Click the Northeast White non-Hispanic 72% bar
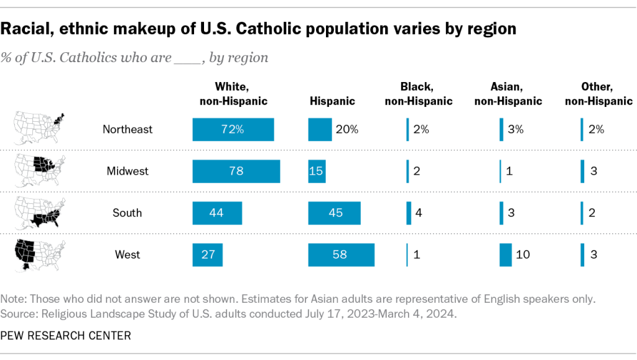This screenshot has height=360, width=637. (x=233, y=129)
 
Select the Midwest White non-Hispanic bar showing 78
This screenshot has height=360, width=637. (x=236, y=171)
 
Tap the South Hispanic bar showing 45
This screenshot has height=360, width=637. (x=335, y=213)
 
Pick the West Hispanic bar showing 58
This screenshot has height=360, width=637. (x=342, y=254)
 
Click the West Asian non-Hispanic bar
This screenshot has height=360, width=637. (x=505, y=254)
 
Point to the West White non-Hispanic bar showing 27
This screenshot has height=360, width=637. (x=208, y=254)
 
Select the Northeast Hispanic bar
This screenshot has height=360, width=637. (x=320, y=129)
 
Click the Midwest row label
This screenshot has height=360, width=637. (x=127, y=171)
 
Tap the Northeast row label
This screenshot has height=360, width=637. (x=128, y=129)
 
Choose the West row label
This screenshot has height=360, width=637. (x=127, y=254)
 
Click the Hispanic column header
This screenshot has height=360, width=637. (x=332, y=101)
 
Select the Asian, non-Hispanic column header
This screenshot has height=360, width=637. (x=508, y=94)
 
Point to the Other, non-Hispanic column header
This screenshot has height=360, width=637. (x=598, y=94)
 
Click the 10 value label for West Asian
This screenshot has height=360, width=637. (x=524, y=254)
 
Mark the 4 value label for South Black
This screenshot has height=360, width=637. (x=419, y=213)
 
